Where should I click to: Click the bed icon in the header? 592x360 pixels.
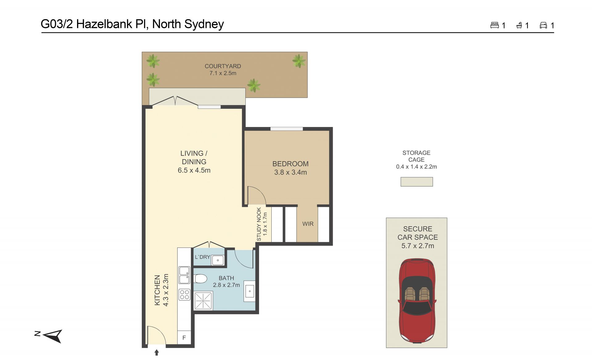click(x=495, y=25)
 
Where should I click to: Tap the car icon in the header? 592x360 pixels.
click(x=543, y=25)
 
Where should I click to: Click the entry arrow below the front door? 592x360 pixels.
click(x=157, y=352)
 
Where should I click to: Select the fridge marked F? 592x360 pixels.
click(x=184, y=337)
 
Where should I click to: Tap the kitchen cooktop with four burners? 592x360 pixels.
click(x=184, y=295)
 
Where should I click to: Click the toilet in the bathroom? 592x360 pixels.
click(x=200, y=279)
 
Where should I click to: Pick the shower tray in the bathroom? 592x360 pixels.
click(x=203, y=301)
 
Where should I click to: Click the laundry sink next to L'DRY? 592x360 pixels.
click(x=218, y=260)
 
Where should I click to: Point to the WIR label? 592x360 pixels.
click(x=308, y=224)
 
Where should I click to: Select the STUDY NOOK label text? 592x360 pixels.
click(x=259, y=224)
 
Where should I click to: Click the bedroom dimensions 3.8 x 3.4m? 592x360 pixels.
click(x=290, y=172)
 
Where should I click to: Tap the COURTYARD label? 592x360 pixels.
click(x=223, y=66)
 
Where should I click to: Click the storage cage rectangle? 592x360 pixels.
click(x=417, y=182)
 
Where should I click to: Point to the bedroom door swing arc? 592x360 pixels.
click(x=259, y=192)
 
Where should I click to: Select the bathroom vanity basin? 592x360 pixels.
click(x=249, y=291)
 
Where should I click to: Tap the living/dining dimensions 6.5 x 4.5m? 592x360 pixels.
click(x=194, y=170)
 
